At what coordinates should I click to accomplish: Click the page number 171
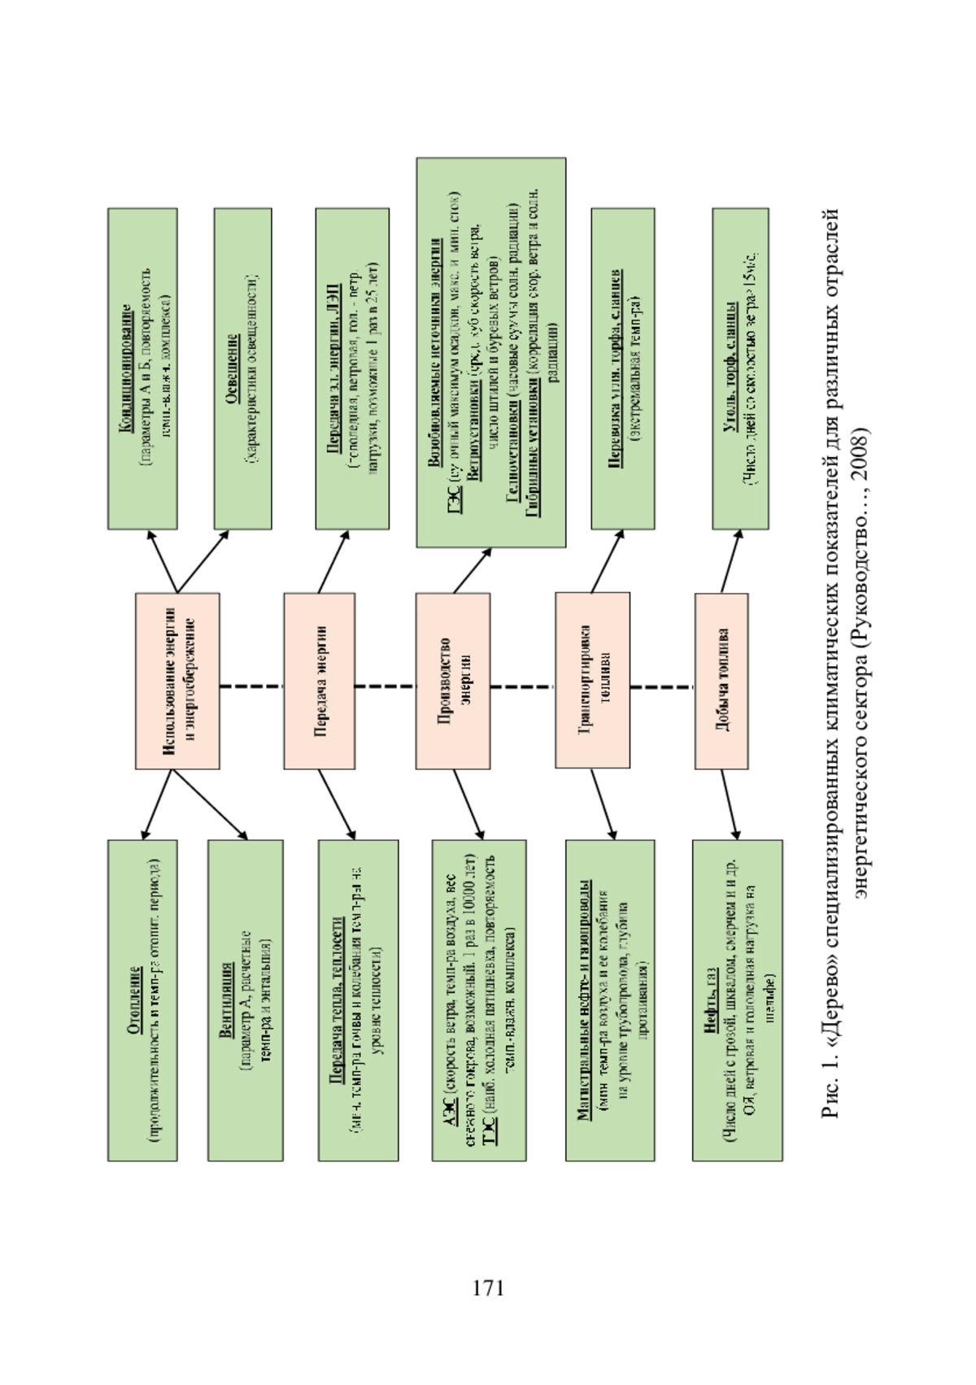point(488,1288)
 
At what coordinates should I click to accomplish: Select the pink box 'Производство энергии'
point(453,680)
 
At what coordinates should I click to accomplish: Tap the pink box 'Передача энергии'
point(319,680)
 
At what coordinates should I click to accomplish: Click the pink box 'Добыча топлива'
point(721,681)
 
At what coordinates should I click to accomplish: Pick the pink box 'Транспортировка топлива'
point(592,680)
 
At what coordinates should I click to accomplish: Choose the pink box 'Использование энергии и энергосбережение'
point(177,680)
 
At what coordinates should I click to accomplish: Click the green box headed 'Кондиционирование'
point(142,368)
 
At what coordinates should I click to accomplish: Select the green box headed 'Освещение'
point(242,368)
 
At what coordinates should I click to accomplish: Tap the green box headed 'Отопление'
point(142,1000)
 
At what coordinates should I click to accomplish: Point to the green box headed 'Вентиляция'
point(245,1000)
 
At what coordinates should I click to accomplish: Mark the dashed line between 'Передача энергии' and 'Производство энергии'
point(385,686)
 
